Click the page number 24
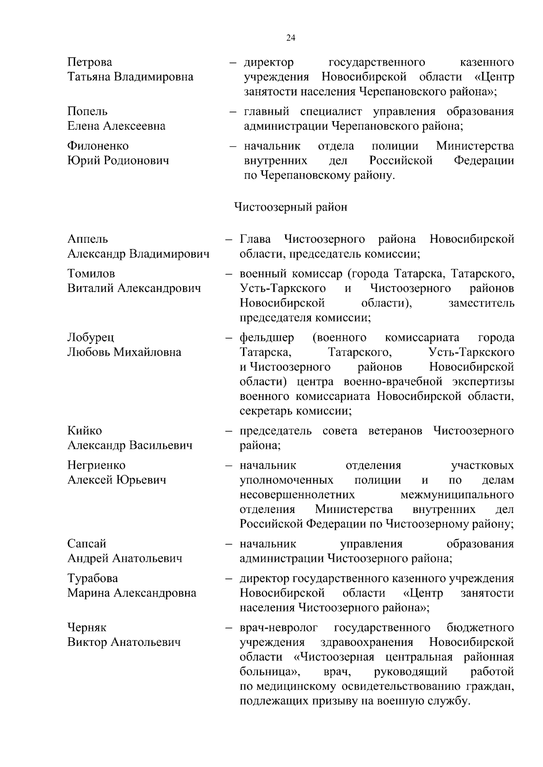pos(291,38)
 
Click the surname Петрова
pos(90,62)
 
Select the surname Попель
pos(87,111)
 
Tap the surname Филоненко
pos(98,146)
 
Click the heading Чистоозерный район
pos(291,207)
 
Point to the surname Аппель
pos(88,239)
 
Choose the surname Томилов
pos(91,273)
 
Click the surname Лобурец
pos(90,338)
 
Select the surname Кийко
pos(85,431)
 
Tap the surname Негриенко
pos(96,465)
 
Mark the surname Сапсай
pos(86,544)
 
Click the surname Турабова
pos(92,579)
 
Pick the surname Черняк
pos(87,628)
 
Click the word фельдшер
pos(267,338)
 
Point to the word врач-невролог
pos(279,628)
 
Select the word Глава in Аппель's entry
pos(255,239)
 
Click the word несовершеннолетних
pos(297,494)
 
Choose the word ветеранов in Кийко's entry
pos(395,431)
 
